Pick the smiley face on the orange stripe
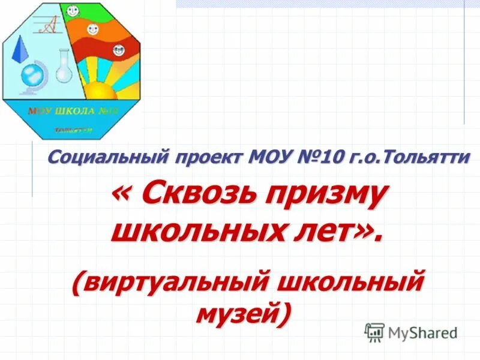tap(92, 28)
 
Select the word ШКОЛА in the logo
tap(71, 112)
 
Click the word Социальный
tap(107, 158)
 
